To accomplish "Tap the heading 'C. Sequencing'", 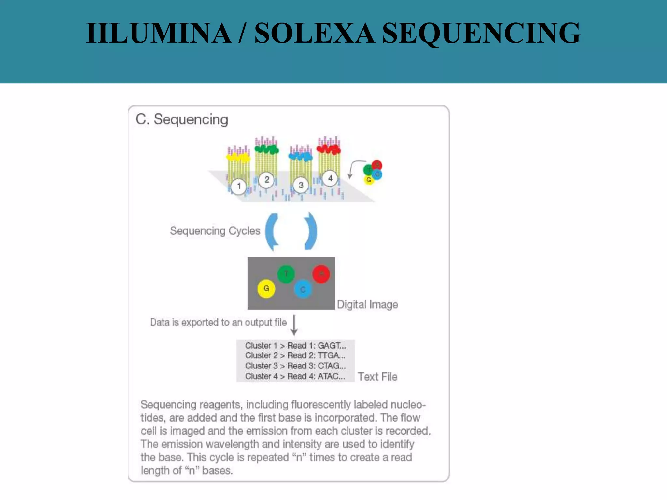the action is [x=182, y=119].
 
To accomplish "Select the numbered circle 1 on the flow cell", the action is [x=239, y=186].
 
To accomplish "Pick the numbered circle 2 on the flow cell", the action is [x=267, y=179].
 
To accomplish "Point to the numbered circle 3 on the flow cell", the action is [x=301, y=185].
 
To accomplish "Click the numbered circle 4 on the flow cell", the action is [x=330, y=178].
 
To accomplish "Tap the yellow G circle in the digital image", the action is [x=266, y=288].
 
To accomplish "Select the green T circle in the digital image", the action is [x=286, y=274].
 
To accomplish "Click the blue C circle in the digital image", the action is [x=303, y=289].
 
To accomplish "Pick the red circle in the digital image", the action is [x=321, y=274].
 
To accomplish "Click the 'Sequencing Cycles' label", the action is [x=215, y=231].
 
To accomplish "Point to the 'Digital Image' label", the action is [x=367, y=305].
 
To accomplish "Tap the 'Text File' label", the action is [x=377, y=377].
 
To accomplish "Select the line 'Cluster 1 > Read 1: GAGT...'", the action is [x=295, y=346].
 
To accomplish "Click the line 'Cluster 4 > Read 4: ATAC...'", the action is [x=295, y=376].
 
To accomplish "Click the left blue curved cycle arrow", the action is [x=272, y=231].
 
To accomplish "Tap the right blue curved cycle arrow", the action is [x=311, y=231].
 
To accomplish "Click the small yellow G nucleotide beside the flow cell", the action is [x=369, y=180].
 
